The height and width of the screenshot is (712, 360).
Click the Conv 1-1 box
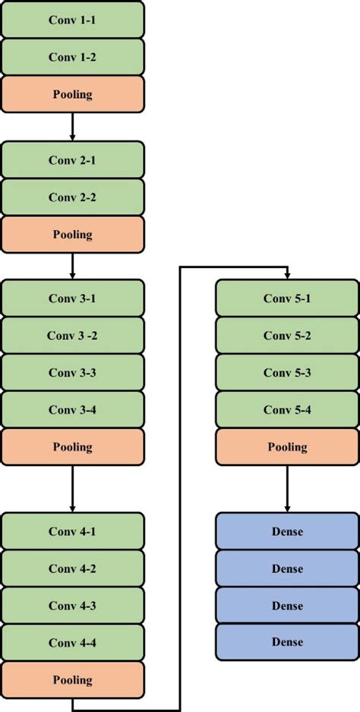[72, 20]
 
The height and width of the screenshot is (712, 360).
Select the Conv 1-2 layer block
[72, 57]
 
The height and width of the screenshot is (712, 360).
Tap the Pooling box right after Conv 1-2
[72, 94]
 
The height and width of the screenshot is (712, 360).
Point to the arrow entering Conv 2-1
[72, 135]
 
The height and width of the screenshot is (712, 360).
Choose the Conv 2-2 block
[72, 197]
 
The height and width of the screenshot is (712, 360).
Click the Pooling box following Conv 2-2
[72, 235]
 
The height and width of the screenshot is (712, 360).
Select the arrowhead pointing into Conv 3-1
[72, 275]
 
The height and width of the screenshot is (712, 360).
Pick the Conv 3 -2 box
[72, 336]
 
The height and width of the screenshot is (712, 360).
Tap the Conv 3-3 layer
[72, 373]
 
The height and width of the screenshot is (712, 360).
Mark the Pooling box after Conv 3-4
[72, 447]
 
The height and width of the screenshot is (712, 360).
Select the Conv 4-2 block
[72, 569]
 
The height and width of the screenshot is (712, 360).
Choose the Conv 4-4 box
[72, 643]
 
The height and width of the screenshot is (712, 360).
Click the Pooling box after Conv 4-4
[72, 680]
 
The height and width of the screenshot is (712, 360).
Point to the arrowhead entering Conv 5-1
[286, 275]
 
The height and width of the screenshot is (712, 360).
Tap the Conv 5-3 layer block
[286, 373]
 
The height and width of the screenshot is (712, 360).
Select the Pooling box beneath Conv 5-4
[286, 447]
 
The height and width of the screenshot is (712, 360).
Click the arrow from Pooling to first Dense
[286, 490]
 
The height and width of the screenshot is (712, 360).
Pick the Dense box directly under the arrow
[286, 531]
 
